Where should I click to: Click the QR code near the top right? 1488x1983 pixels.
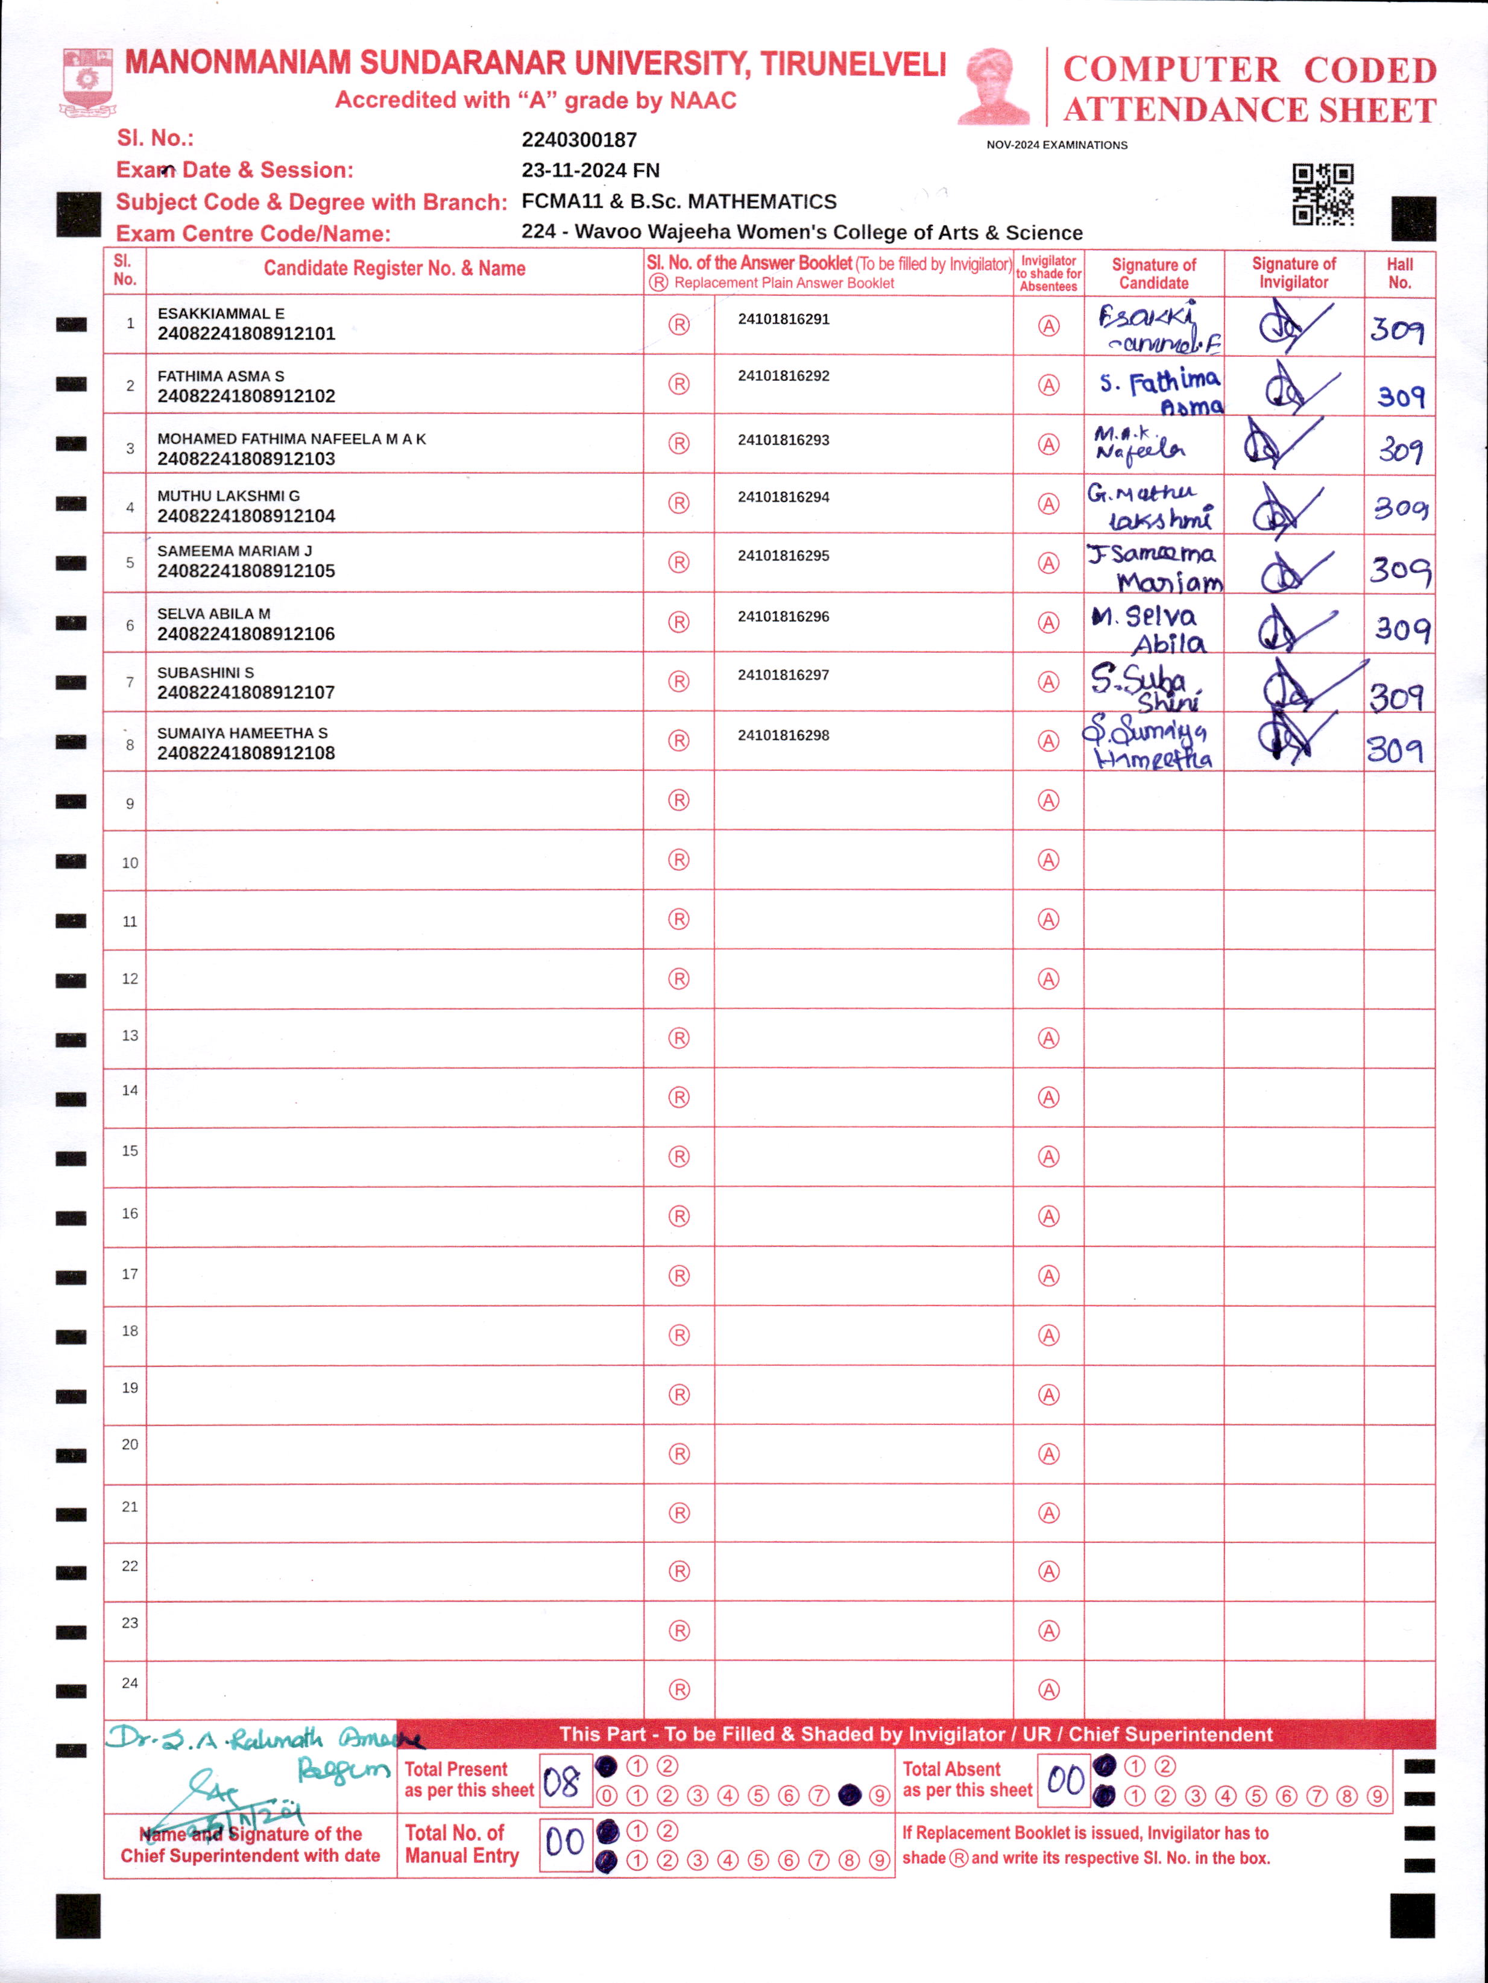coord(1322,195)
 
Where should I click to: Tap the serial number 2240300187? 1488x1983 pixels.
coord(579,140)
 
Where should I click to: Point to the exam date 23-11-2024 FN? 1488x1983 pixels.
coord(590,171)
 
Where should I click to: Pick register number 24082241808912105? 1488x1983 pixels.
coord(246,571)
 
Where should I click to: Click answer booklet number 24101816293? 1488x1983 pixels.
coord(783,440)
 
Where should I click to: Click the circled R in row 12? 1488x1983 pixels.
coord(679,979)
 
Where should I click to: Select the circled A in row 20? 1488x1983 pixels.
coord(1048,1454)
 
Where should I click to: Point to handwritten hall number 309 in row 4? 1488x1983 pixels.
coord(1400,508)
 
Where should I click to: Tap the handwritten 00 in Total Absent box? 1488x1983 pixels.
coord(1065,1779)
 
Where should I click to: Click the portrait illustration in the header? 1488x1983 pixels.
coord(993,86)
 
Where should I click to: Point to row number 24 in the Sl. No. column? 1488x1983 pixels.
coord(130,1683)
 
